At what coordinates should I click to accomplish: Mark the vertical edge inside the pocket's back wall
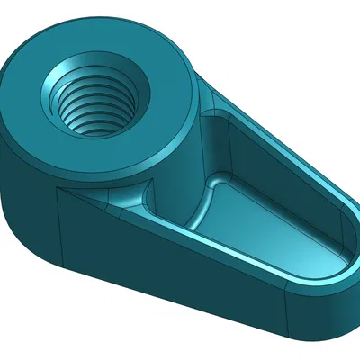click(232, 148)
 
